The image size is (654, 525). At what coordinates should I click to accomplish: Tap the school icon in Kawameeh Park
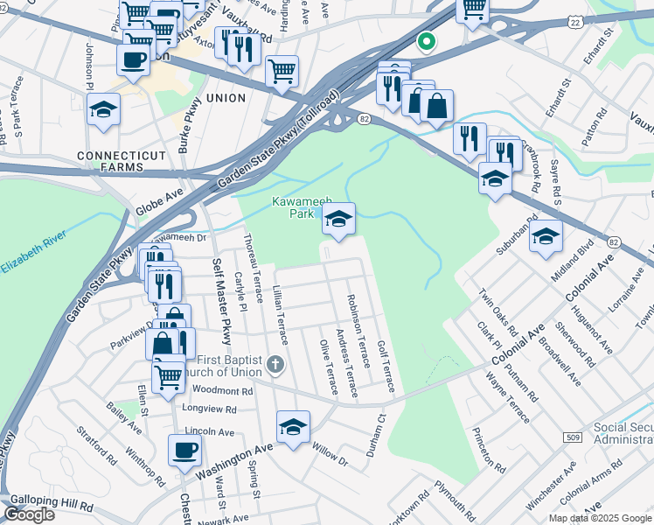pos(338,220)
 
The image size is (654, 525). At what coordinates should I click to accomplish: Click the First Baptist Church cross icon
pos(275,362)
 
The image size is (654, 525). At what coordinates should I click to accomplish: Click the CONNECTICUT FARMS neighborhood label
pos(121,160)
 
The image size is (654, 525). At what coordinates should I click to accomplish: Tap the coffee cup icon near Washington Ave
pos(184,450)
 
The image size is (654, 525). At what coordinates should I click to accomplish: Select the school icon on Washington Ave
pos(293,426)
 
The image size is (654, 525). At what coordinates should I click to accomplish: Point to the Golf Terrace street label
pos(386,366)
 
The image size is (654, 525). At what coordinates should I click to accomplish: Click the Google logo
pos(30,514)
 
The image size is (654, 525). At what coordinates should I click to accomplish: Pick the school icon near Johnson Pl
pos(103,109)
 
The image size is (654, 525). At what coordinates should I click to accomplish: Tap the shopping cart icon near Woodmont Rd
pos(167,376)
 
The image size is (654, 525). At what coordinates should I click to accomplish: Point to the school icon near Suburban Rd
pos(546,235)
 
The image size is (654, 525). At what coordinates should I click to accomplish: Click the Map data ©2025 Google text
pos(600,518)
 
